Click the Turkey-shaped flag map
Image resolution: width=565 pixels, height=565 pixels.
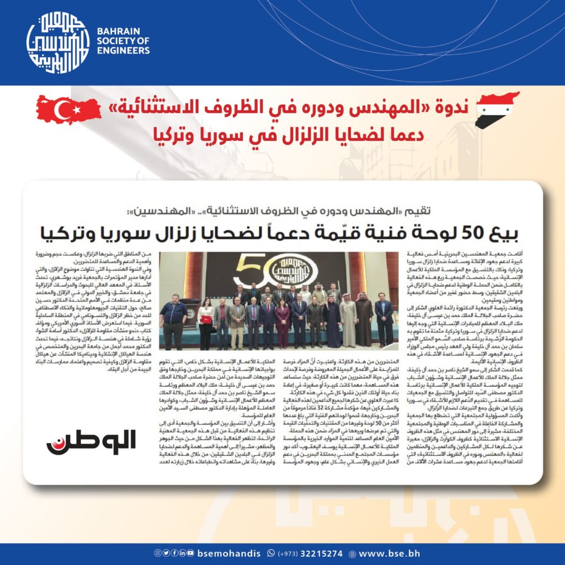(68, 110)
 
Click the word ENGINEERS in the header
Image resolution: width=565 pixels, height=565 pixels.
(122, 51)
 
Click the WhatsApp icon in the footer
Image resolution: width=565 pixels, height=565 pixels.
(270, 553)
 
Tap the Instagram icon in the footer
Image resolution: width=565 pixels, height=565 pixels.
(157, 553)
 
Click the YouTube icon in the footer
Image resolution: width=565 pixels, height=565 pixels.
(190, 553)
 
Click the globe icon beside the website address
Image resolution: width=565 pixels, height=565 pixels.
(351, 553)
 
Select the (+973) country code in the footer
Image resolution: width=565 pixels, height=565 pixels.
(289, 553)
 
